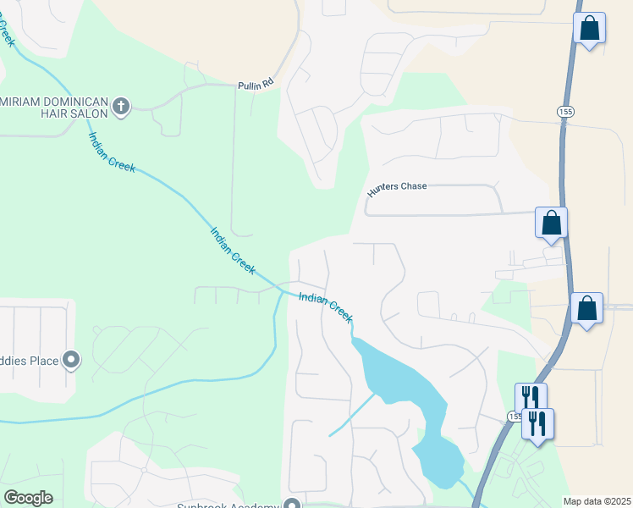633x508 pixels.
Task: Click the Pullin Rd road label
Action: [x=256, y=84]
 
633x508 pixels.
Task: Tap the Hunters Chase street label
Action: [x=397, y=190]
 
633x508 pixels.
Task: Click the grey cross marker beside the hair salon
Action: [x=121, y=107]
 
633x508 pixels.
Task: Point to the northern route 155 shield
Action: [x=565, y=112]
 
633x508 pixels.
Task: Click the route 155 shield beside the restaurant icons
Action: [x=515, y=417]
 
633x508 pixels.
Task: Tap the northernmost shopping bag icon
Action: [x=589, y=28]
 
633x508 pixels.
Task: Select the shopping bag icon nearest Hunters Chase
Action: [x=551, y=223]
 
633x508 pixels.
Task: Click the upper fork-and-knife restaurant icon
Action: [x=531, y=398]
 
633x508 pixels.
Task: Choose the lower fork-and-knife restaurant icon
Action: [x=537, y=422]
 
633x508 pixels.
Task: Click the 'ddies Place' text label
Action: [x=29, y=362]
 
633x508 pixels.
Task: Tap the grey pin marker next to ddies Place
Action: [x=72, y=362]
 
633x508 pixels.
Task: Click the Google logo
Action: [x=28, y=497]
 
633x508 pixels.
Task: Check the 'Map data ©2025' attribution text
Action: [x=596, y=500]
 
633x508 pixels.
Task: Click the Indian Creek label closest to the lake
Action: [x=325, y=306]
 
